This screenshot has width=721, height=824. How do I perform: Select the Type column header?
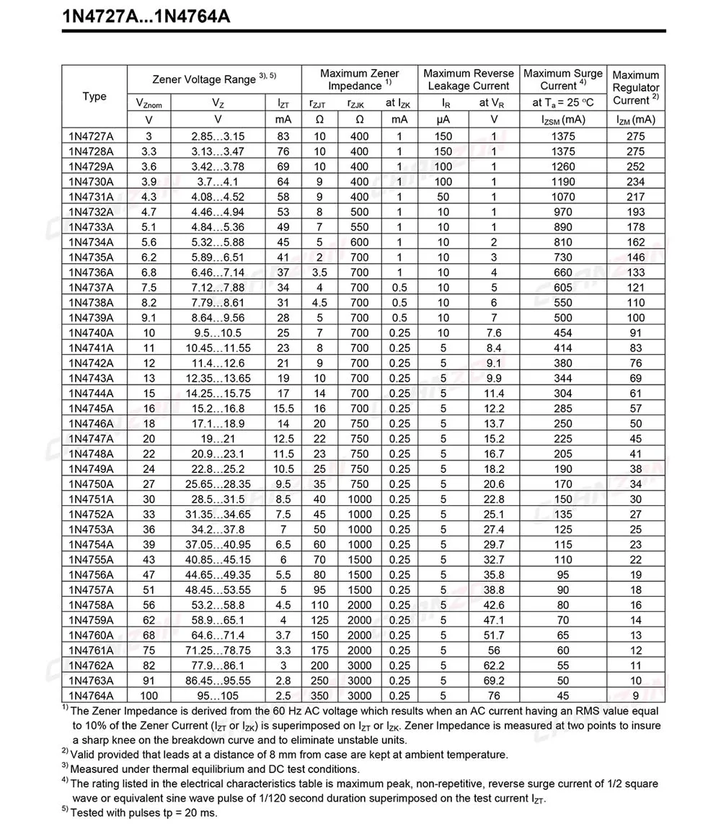(94, 97)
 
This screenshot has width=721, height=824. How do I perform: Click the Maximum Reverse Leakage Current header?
(469, 79)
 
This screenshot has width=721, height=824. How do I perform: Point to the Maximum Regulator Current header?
(636, 87)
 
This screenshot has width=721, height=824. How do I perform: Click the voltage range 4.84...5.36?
(218, 227)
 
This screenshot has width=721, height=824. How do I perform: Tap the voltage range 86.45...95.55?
(218, 681)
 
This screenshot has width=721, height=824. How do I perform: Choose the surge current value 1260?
(563, 167)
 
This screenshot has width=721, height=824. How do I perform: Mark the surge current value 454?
(563, 333)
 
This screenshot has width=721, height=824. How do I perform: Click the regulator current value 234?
(636, 182)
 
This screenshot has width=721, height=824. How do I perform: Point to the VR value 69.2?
(494, 681)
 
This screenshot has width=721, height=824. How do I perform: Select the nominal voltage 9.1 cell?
(149, 318)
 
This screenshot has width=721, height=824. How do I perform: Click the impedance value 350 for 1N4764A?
(319, 696)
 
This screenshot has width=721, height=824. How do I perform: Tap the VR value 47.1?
(494, 620)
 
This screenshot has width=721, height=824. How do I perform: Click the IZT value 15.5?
(283, 409)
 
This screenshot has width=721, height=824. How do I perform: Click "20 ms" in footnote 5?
(194, 812)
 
